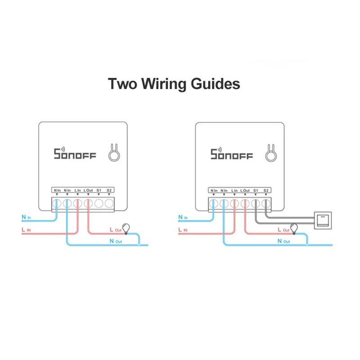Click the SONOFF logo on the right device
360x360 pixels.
(232, 154)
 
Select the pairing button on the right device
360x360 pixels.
(270, 154)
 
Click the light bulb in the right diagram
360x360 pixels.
(294, 228)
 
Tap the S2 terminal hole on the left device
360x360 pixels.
(109, 204)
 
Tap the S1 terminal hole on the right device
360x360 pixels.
(256, 204)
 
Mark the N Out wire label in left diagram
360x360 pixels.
(116, 241)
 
